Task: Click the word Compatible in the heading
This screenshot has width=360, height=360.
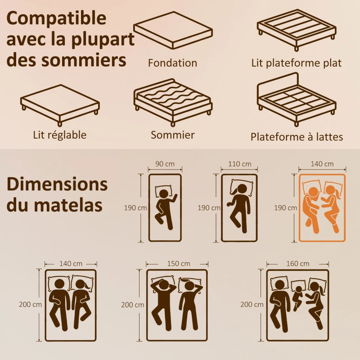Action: pyautogui.click(x=57, y=18)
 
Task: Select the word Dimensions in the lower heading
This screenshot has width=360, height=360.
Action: pyautogui.click(x=57, y=184)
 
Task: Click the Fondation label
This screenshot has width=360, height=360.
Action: pyautogui.click(x=172, y=63)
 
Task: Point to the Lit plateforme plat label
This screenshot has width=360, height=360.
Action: pyautogui.click(x=296, y=63)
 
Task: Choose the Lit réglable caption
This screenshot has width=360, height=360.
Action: pyautogui.click(x=59, y=135)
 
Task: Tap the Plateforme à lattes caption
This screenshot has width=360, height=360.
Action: pyautogui.click(x=297, y=137)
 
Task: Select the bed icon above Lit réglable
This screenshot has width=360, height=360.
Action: pyautogui.click(x=59, y=103)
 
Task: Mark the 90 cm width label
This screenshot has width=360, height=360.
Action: pyautogui.click(x=165, y=164)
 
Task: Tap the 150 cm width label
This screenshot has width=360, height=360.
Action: pyautogui.click(x=177, y=263)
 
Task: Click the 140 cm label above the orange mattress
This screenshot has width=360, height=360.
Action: pyautogui.click(x=322, y=164)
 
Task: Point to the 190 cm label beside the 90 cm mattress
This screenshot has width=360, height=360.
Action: pyautogui.click(x=135, y=208)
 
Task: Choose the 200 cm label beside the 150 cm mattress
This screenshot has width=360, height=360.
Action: pyautogui.click(x=133, y=305)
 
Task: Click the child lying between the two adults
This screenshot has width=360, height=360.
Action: pyautogui.click(x=297, y=295)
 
